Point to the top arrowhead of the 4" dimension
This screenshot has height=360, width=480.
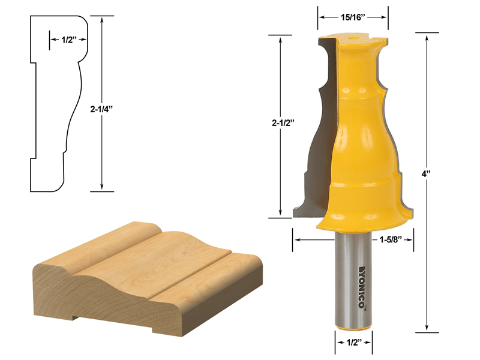tap(427, 37)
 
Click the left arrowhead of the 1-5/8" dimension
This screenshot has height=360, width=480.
tap(295, 239)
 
